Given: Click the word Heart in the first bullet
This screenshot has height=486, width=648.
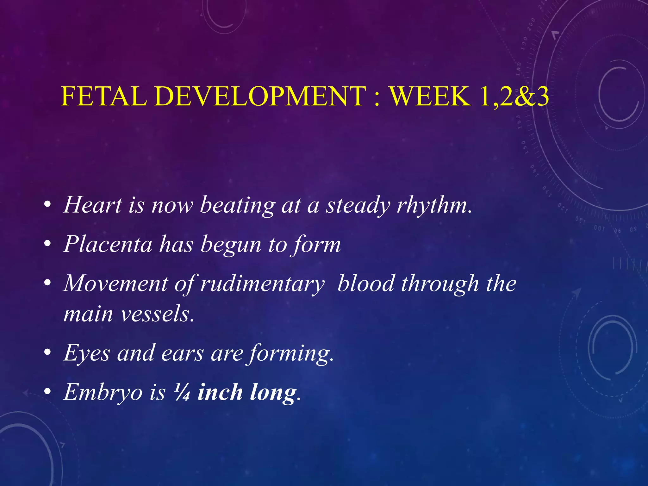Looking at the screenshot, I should tap(93, 205).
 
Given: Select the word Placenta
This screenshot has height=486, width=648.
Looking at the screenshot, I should tap(108, 244).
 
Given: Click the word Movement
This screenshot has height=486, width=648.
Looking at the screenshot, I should tap(116, 283).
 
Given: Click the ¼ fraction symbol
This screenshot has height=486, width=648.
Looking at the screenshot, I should tap(182, 393).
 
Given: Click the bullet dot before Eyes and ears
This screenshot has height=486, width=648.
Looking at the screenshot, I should tap(47, 352).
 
